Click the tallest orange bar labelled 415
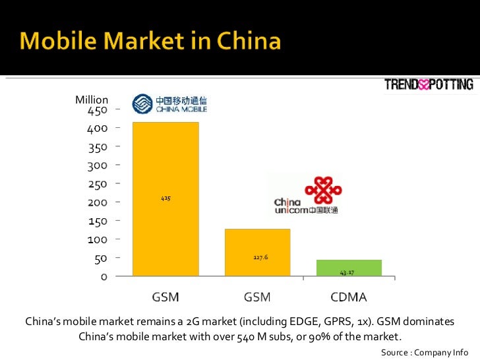tap(165, 198)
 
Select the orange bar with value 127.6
tap(257, 252)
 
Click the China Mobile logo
tap(169, 104)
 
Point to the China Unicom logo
tap(307, 196)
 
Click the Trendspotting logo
tap(429, 84)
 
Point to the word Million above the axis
tap(92, 100)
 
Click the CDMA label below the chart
tap(348, 297)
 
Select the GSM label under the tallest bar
tap(165, 297)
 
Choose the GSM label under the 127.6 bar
tap(257, 297)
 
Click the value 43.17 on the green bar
tap(347, 272)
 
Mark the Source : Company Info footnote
tap(425, 352)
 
